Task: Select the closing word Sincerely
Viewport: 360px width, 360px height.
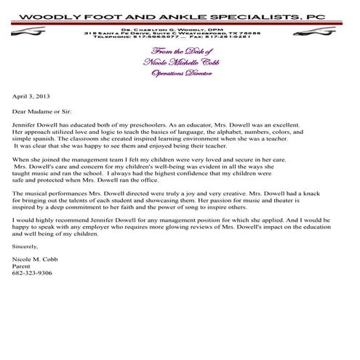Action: tap(27, 247)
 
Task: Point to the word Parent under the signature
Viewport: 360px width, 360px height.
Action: tap(21, 266)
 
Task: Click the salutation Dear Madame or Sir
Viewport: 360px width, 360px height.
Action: tap(40, 112)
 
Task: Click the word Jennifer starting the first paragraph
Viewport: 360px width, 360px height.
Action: tap(25, 125)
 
